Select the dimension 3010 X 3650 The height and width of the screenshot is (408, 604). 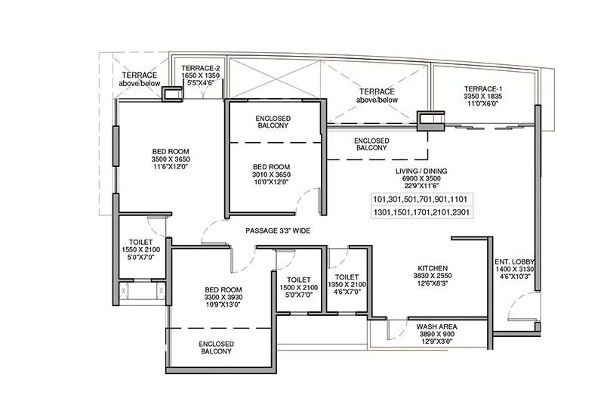coord(271,175)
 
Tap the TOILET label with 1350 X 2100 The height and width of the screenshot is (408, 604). coord(347,277)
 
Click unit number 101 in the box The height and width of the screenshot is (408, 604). coord(381,199)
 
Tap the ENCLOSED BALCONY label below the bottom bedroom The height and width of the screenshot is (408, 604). coord(216,348)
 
